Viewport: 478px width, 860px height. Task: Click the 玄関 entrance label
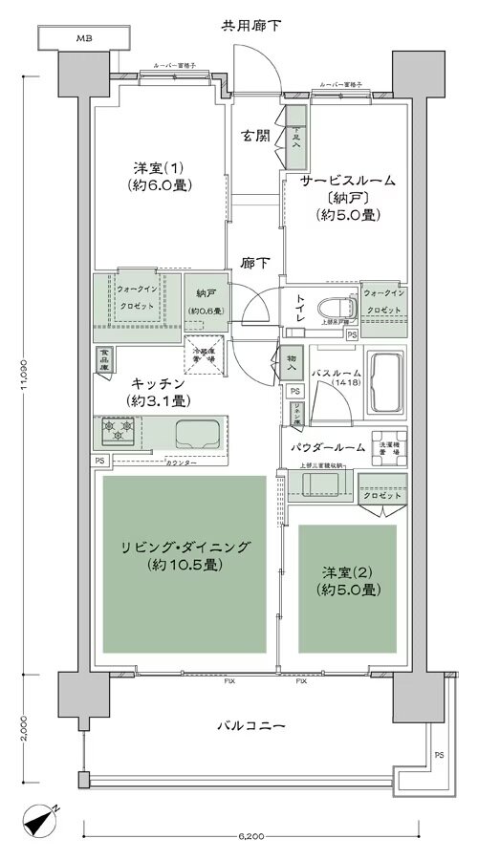pos(254,135)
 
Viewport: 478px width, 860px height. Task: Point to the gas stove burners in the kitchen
pos(116,434)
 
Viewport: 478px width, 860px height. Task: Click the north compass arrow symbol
pos(39,822)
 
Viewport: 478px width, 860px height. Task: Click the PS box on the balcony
pos(439,755)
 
